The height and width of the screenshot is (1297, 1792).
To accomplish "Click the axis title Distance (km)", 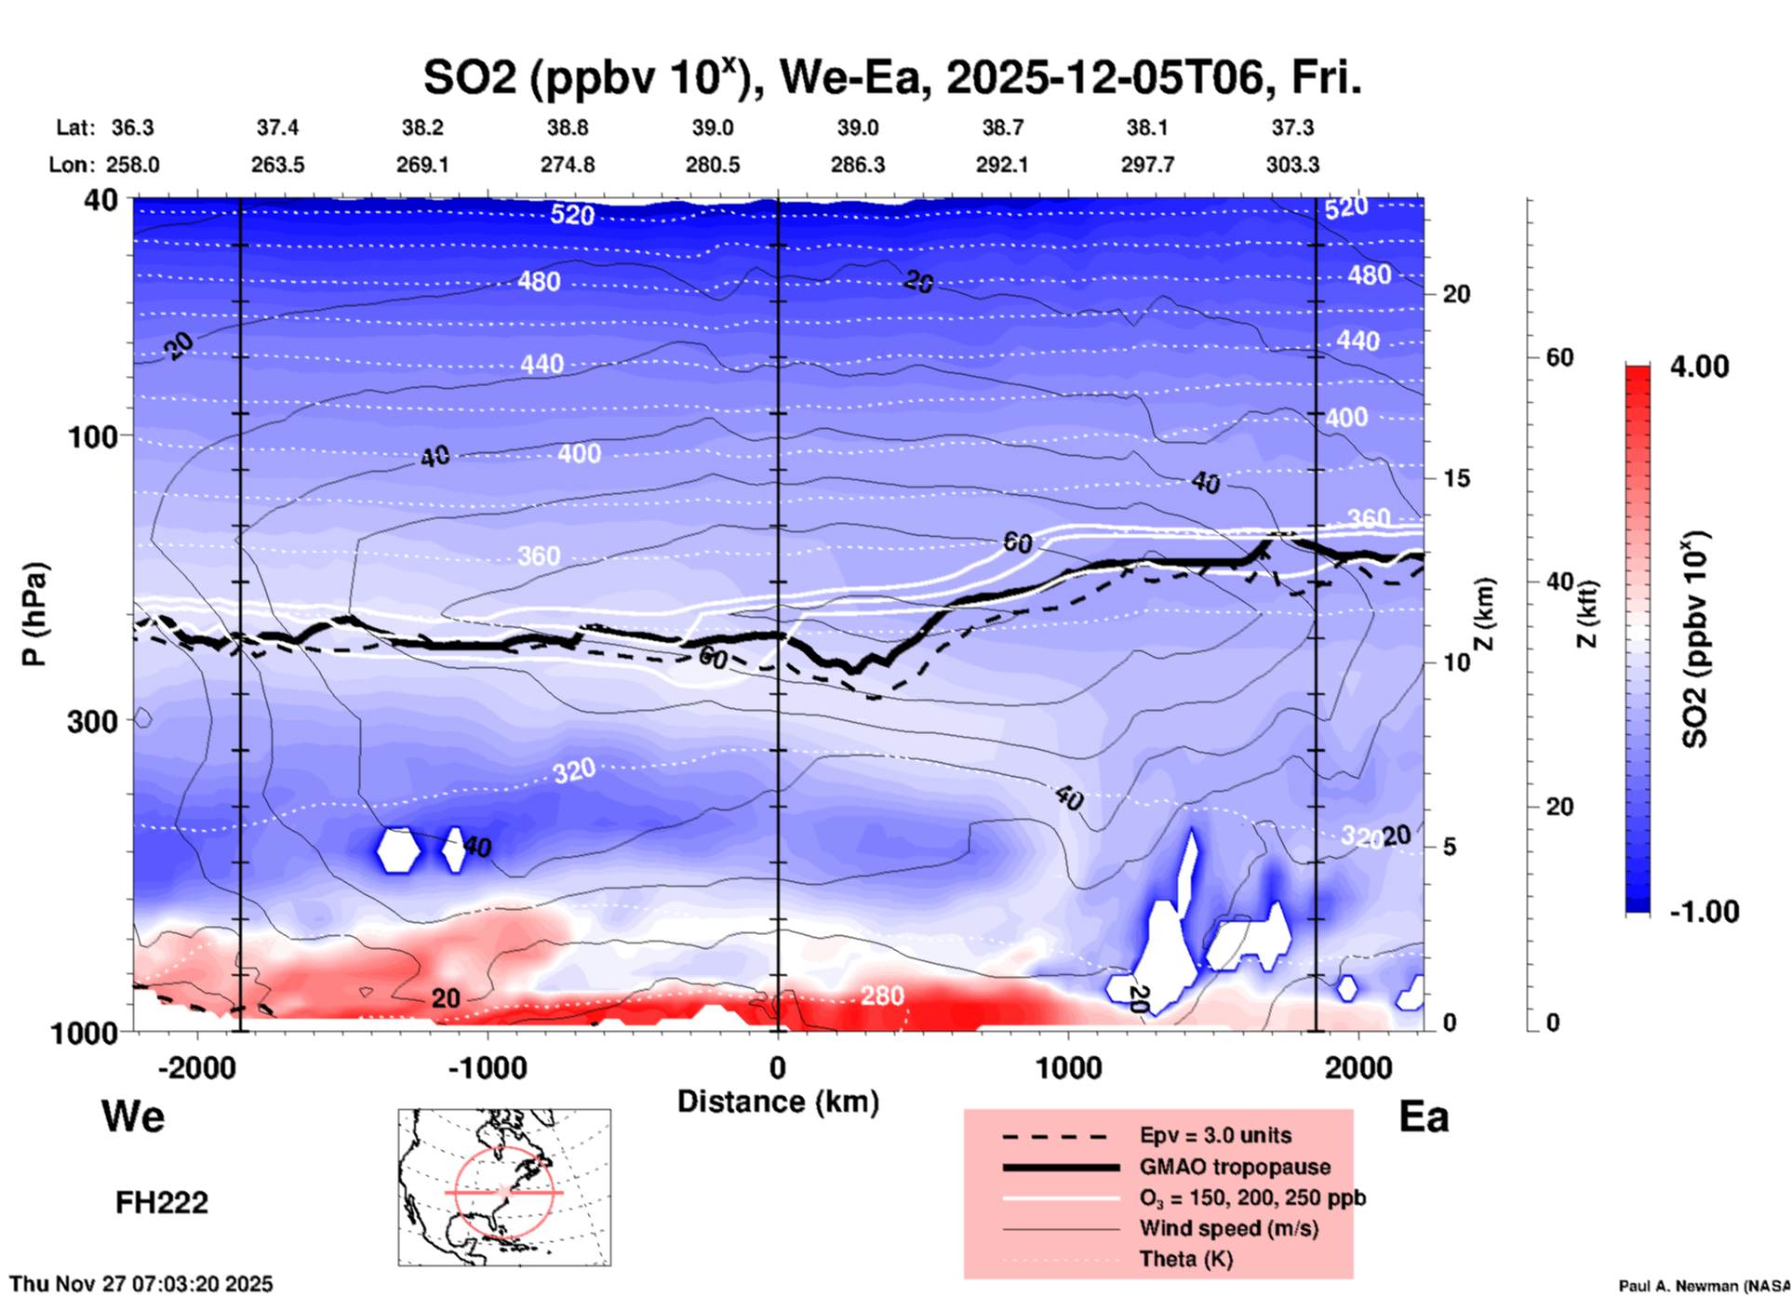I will (x=778, y=1102).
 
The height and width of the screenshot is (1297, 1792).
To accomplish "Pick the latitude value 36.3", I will (x=133, y=127).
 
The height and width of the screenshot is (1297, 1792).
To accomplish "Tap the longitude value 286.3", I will (x=858, y=165).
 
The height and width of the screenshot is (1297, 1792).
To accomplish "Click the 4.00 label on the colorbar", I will (x=1699, y=366).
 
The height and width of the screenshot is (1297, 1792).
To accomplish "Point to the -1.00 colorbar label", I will (x=1704, y=912).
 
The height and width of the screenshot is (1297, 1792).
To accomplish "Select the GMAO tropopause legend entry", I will (x=1235, y=1167).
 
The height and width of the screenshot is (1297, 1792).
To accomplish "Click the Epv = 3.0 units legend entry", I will (x=1215, y=1135).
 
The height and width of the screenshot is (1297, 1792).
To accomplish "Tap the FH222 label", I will (x=162, y=1203).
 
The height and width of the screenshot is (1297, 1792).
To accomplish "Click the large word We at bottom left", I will (x=133, y=1116).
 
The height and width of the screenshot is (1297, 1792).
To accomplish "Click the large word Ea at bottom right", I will (x=1424, y=1116).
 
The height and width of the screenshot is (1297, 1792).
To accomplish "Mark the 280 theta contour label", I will (x=881, y=996).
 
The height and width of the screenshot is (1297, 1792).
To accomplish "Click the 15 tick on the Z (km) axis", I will (x=1456, y=478).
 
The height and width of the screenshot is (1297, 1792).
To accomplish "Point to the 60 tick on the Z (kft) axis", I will (x=1559, y=357).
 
